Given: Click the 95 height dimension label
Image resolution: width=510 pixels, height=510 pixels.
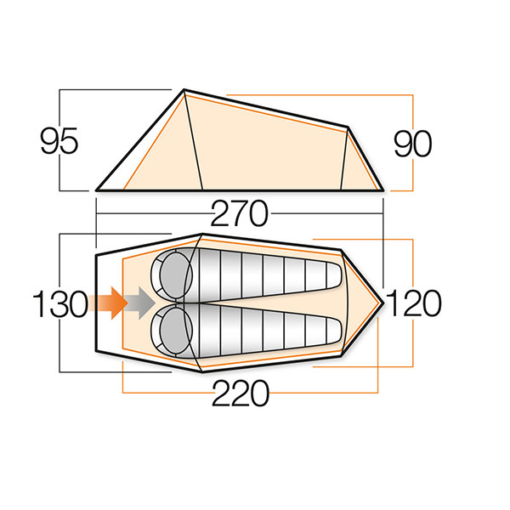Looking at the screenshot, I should coord(59,141).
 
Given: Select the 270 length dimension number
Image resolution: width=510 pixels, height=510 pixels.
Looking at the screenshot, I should coord(238,212).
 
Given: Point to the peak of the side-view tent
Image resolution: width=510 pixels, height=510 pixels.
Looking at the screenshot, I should coord(184,89).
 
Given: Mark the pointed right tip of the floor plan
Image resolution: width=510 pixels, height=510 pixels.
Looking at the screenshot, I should coord(385,303).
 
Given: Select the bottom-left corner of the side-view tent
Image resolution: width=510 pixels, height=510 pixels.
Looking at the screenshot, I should coord(97,190).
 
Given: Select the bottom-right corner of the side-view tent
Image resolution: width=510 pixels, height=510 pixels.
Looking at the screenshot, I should coord(382,190).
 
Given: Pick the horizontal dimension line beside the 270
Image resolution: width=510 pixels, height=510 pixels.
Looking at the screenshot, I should coord(153,212).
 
